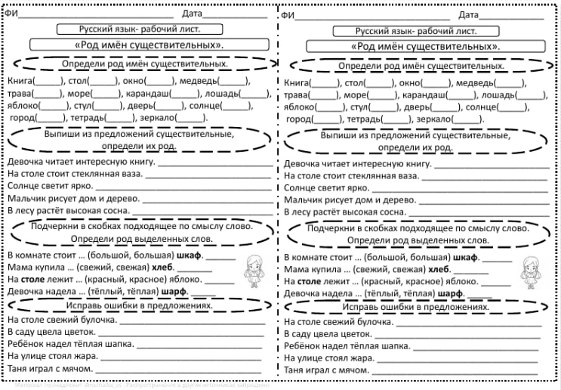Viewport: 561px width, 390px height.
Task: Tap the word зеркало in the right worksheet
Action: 437,119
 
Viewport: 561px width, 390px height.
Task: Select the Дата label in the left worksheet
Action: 192,14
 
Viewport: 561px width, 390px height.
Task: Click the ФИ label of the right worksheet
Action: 286,14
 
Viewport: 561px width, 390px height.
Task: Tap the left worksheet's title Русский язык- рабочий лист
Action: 139,29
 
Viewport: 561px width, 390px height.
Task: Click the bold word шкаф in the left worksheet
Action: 189,255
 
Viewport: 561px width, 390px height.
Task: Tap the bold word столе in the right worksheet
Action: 313,280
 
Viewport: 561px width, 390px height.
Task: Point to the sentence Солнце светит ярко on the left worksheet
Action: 45,185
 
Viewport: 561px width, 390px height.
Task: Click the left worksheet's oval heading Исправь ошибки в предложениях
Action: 138,306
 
